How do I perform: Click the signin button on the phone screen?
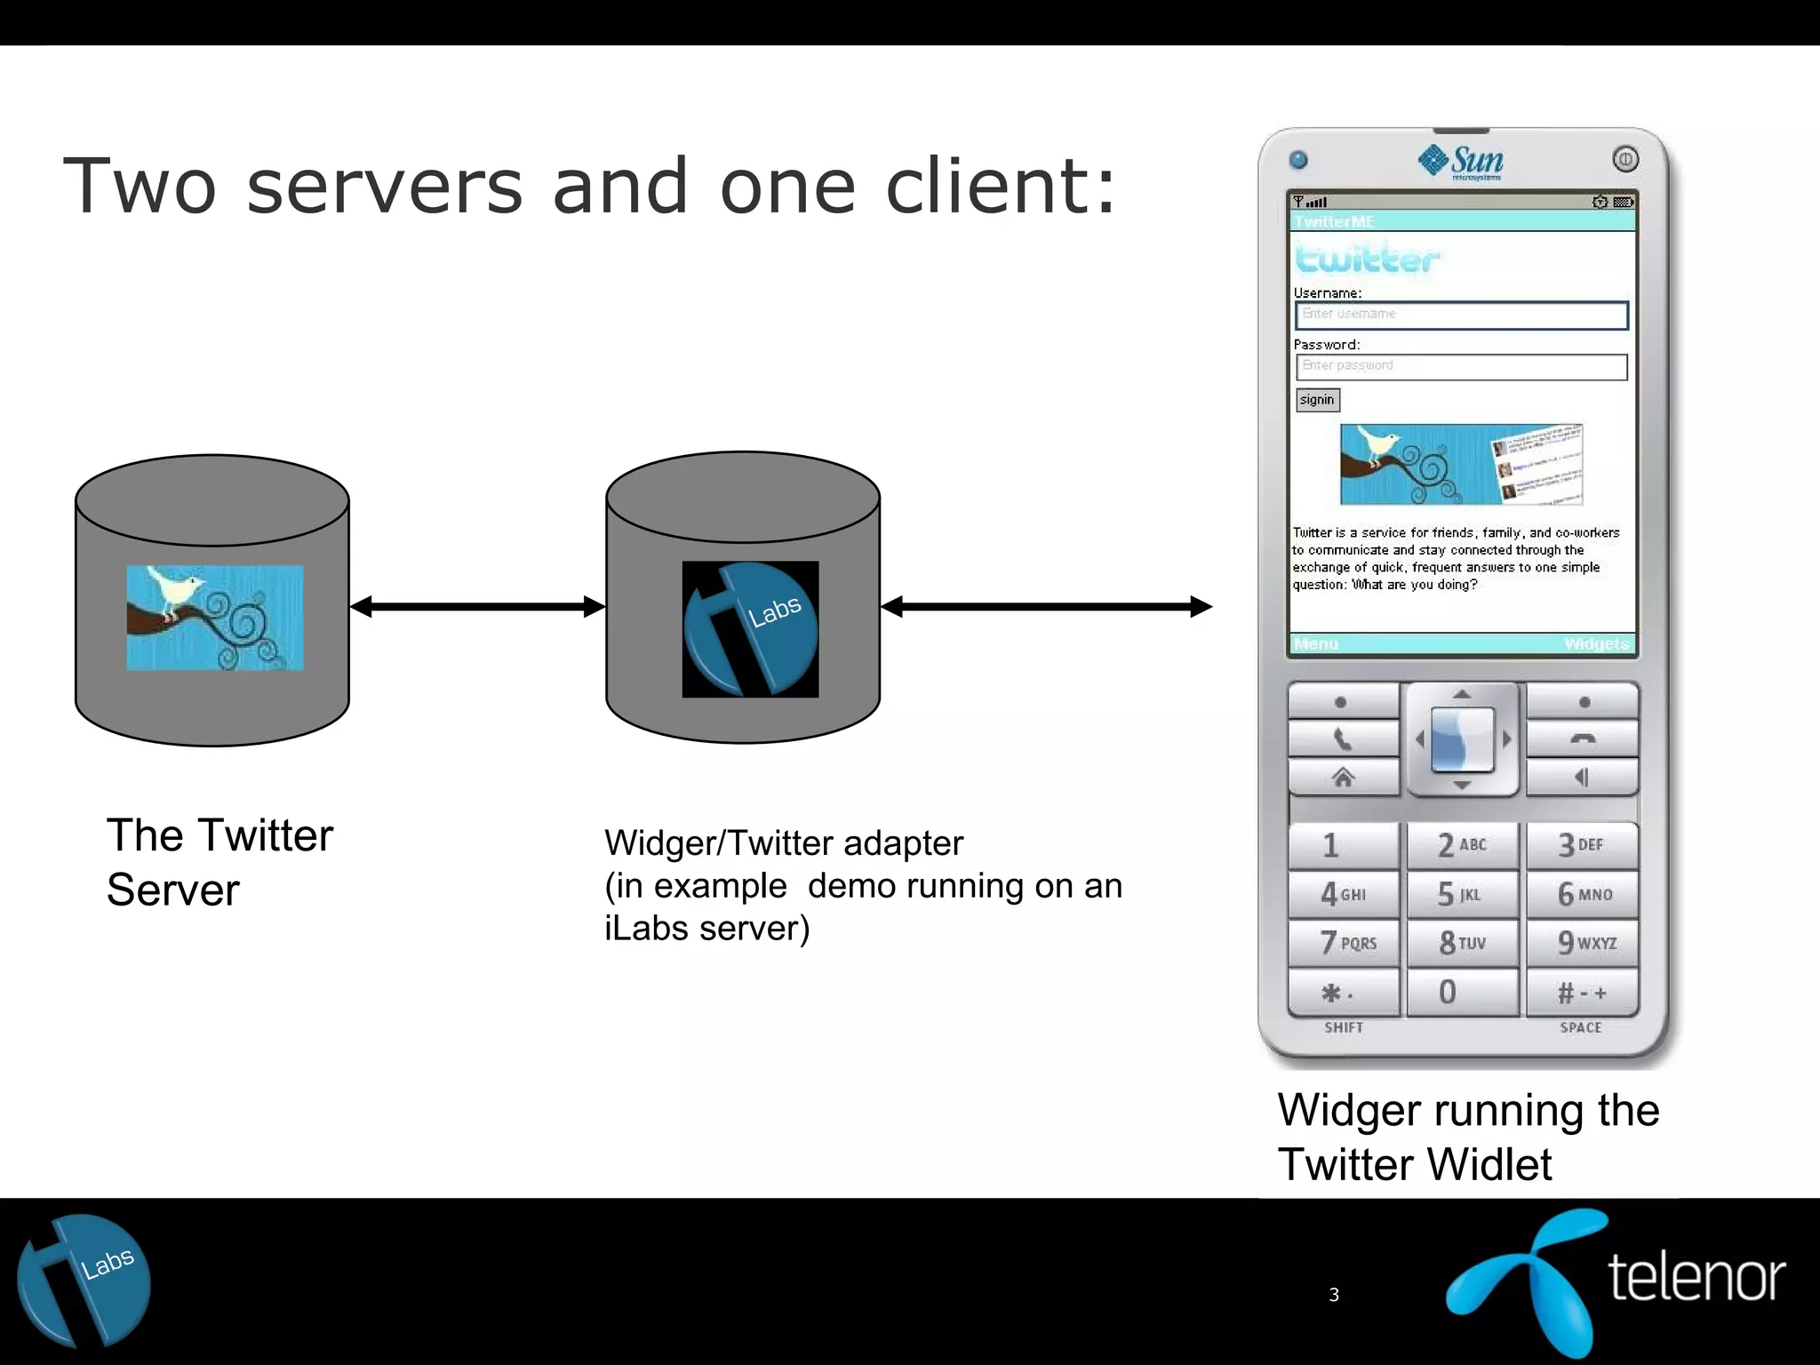[x=1317, y=400]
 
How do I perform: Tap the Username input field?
[x=1461, y=315]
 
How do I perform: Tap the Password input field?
[x=1461, y=366]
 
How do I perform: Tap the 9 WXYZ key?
[x=1583, y=942]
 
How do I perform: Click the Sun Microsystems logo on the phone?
[x=1462, y=162]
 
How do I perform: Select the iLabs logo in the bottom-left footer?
[x=84, y=1281]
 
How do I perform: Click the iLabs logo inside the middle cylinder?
[x=750, y=628]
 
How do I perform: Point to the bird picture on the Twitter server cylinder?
[x=215, y=618]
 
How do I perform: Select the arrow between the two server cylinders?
[x=478, y=607]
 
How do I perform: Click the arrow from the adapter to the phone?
[x=1046, y=607]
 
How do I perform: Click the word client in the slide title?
[x=1001, y=187]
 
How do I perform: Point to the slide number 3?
[x=1333, y=1295]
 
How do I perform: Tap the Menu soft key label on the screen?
[x=1316, y=643]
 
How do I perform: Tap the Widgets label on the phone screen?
[x=1596, y=643]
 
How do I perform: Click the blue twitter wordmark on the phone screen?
[x=1367, y=259]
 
